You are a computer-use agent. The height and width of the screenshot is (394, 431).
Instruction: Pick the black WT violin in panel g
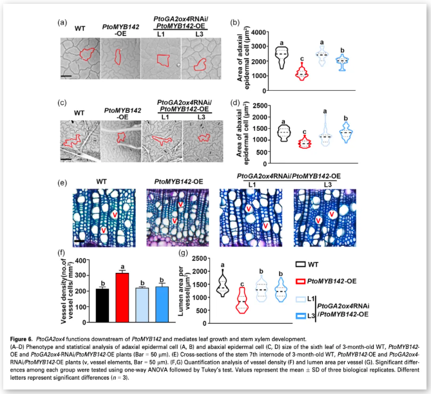(223, 281)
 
